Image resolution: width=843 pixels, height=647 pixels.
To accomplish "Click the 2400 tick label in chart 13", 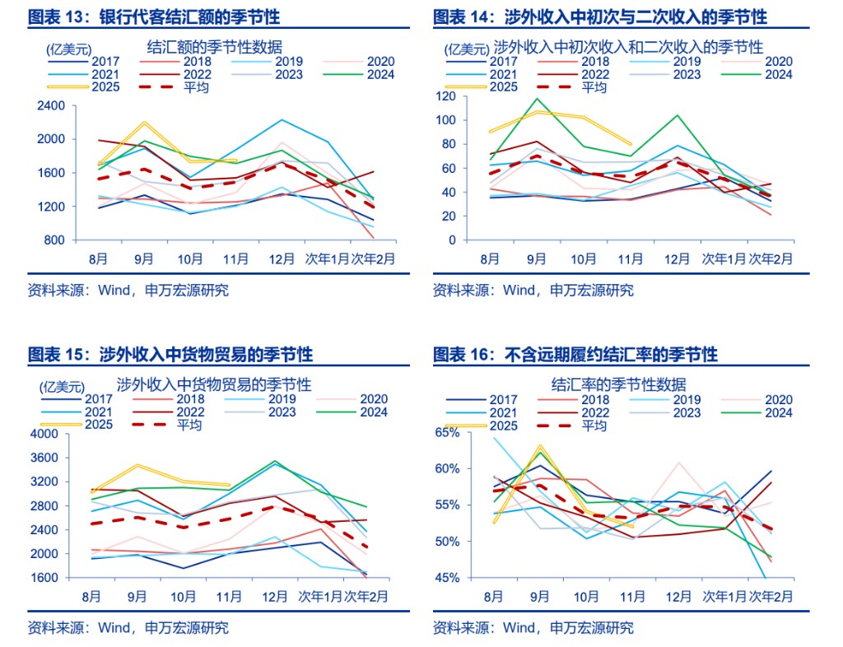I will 51,105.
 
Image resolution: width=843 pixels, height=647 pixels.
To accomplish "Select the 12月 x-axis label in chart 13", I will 282,258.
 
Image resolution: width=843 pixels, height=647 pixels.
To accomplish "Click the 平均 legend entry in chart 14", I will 594,87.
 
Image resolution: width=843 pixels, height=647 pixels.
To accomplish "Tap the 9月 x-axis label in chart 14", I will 536,258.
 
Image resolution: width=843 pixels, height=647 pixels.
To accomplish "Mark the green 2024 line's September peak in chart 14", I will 537,99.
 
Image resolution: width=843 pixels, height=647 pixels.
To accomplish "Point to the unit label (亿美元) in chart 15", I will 61,385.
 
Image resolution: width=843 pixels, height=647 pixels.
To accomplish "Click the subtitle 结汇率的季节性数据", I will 618,384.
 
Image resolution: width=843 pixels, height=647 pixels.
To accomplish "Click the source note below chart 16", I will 533,627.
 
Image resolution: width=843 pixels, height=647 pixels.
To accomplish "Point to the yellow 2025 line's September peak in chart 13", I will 145,123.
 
